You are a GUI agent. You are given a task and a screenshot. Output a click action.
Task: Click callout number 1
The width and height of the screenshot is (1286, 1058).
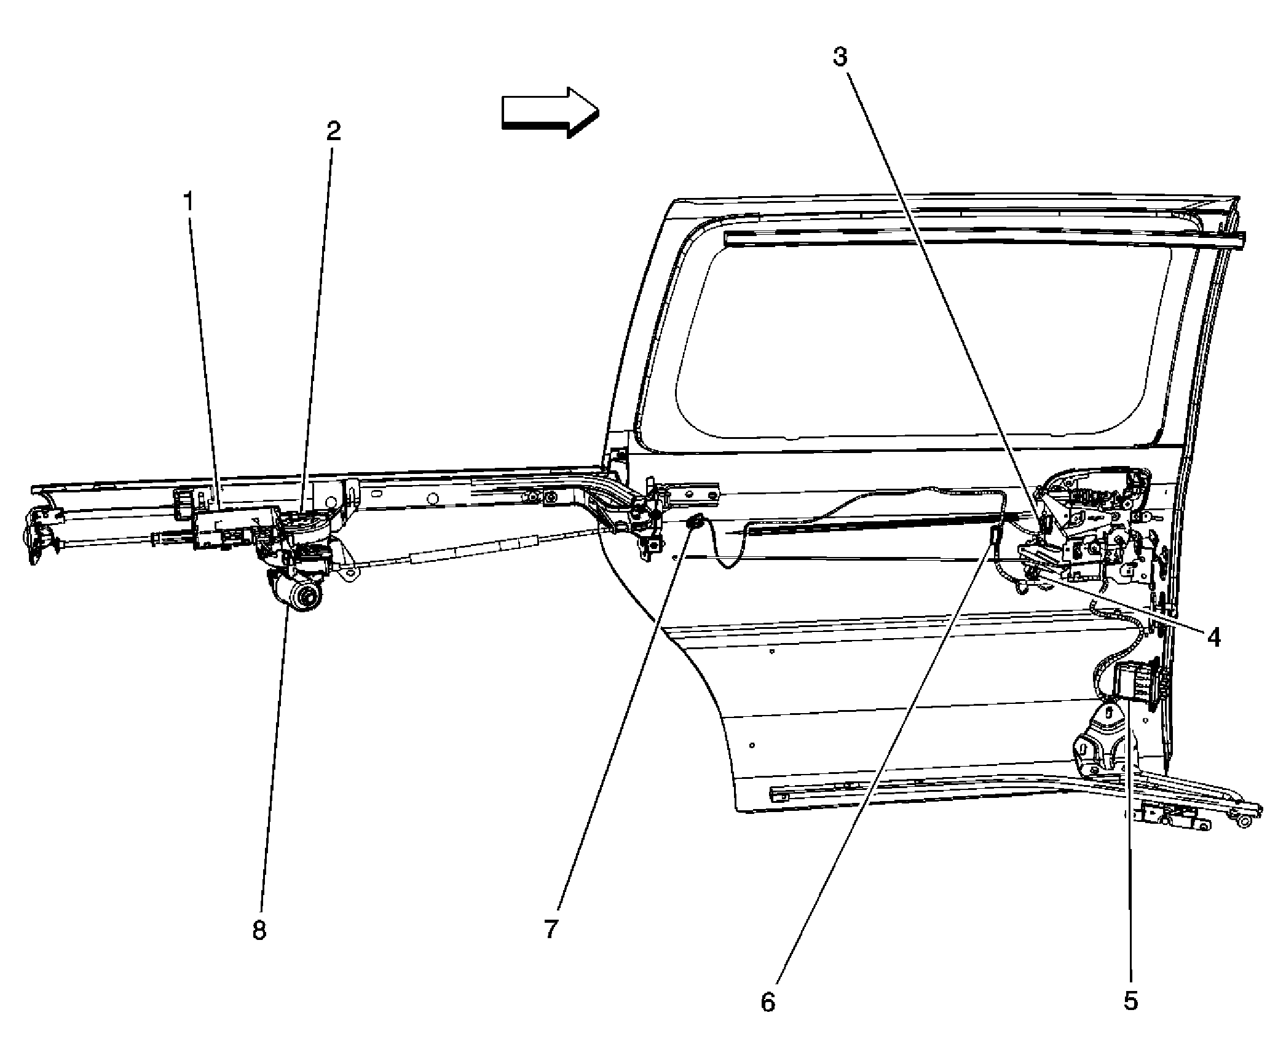190,201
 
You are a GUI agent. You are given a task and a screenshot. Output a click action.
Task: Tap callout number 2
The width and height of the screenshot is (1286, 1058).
333,130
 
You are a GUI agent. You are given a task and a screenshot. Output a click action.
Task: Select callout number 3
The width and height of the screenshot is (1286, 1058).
840,57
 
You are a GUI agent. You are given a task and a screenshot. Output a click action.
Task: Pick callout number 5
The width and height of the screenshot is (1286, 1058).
1131,1001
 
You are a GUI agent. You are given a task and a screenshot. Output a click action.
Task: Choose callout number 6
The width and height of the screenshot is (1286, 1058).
768,1003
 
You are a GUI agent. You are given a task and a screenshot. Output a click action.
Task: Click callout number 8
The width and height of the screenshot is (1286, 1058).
259,930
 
